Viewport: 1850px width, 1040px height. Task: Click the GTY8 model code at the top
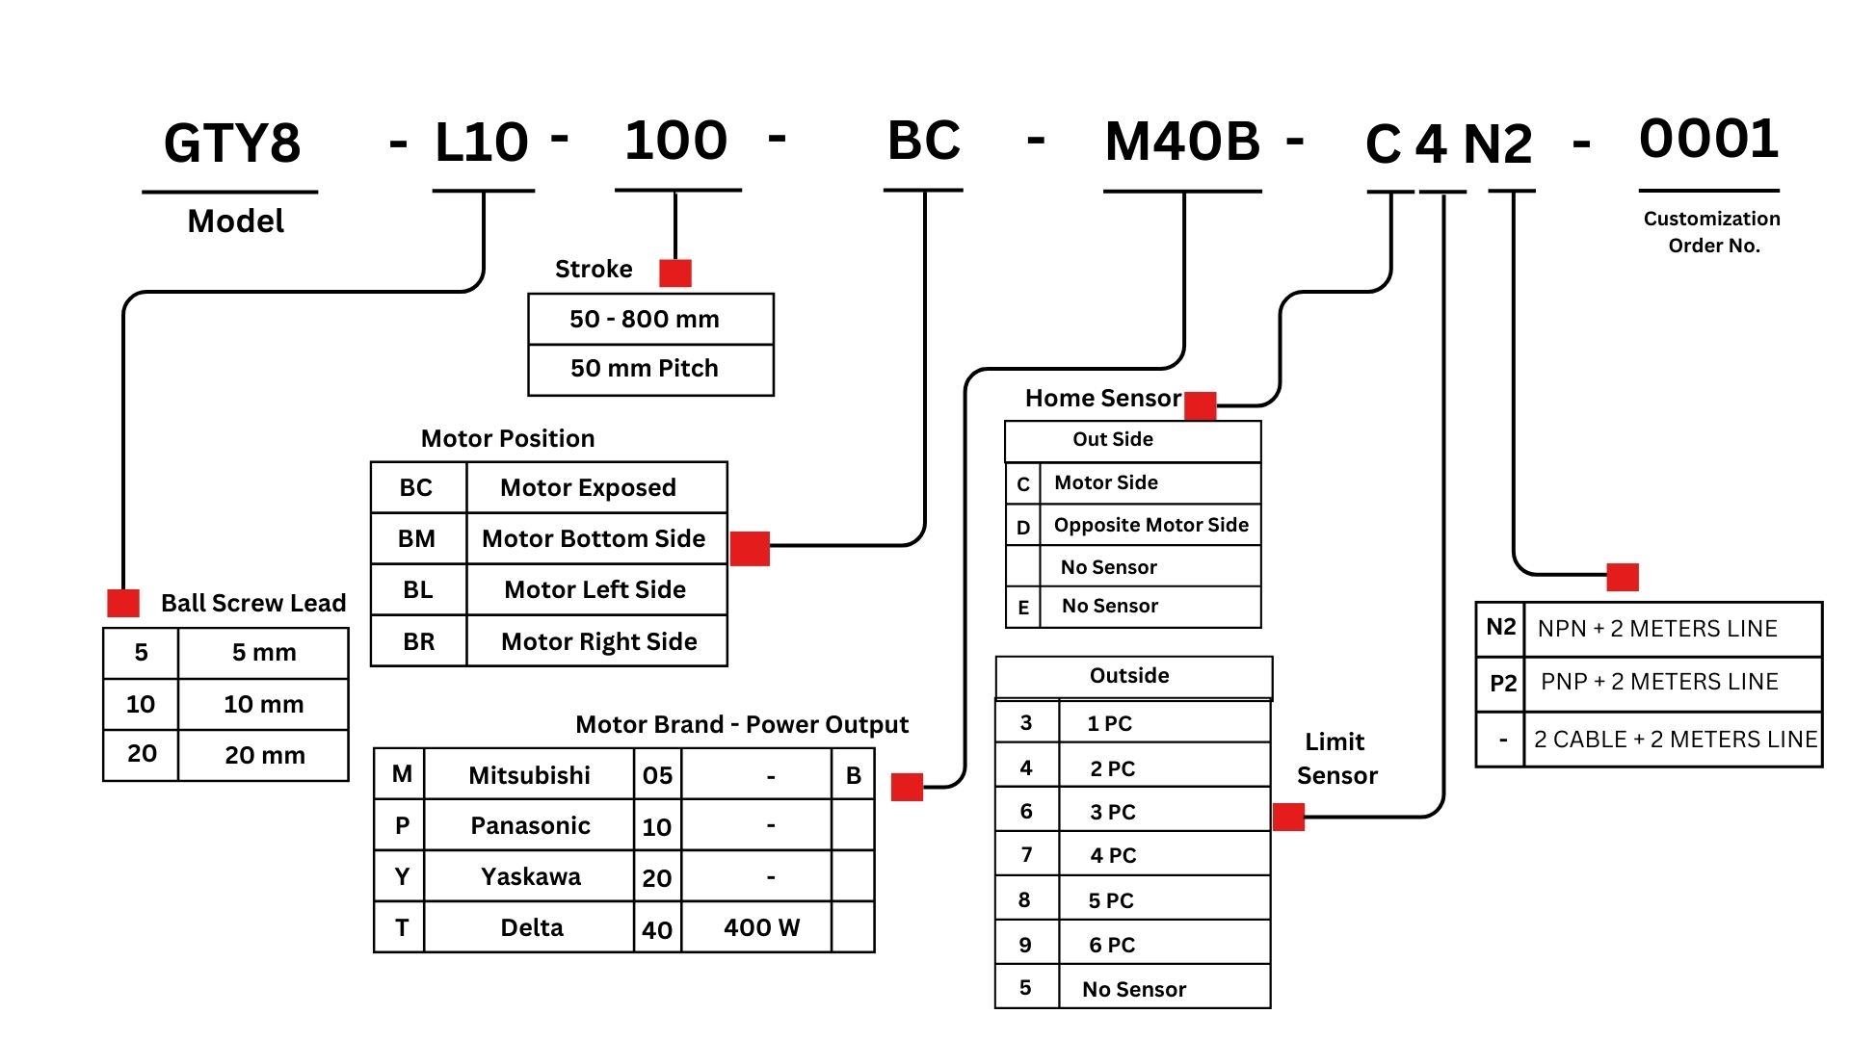tap(232, 143)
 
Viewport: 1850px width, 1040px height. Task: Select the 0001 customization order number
tap(1708, 139)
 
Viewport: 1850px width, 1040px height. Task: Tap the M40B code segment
tap(1182, 142)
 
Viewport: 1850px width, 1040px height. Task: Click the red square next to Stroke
tap(675, 273)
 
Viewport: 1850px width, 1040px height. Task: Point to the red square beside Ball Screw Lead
tap(123, 603)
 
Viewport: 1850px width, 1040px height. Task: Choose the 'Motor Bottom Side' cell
tap(595, 538)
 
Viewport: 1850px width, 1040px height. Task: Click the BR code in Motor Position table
tap(418, 641)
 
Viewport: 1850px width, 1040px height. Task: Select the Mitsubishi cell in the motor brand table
tap(529, 775)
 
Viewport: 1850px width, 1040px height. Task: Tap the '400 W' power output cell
tap(760, 927)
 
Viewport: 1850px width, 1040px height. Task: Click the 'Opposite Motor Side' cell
tap(1150, 525)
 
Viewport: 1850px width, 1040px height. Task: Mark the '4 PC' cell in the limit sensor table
tap(1113, 855)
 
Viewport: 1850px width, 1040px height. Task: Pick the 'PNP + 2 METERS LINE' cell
tap(1659, 682)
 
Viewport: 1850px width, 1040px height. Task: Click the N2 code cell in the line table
tap(1500, 628)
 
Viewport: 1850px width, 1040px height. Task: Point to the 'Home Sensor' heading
tap(1102, 398)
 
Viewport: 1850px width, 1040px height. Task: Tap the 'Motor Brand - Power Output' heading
tap(741, 724)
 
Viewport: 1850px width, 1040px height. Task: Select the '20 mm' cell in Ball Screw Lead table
tap(264, 755)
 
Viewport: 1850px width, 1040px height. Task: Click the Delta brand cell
tap(531, 927)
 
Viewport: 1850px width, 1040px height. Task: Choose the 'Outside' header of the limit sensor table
tap(1129, 676)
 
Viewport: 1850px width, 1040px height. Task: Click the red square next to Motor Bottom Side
tap(750, 548)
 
